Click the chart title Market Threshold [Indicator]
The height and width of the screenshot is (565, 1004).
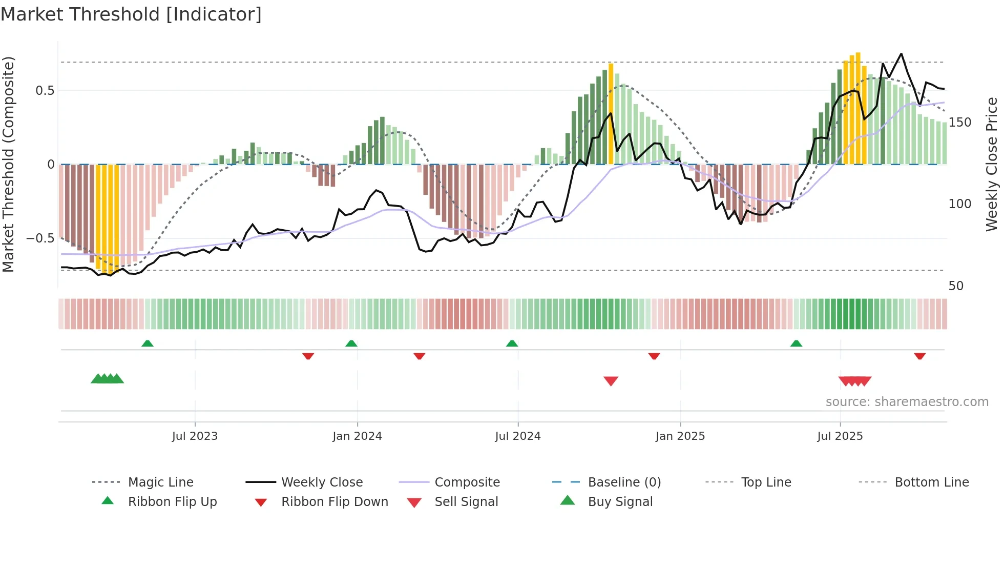pos(131,14)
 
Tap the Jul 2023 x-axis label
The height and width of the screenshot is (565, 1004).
pos(195,436)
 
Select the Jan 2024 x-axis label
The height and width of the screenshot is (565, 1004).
pos(357,436)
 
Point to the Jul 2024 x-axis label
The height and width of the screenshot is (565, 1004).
pos(518,436)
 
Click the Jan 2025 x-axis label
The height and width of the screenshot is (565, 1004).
pos(680,436)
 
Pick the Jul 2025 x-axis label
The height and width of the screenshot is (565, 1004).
pos(840,436)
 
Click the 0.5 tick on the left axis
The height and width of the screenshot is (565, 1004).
pos(45,91)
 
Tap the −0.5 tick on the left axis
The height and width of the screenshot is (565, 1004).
pos(40,238)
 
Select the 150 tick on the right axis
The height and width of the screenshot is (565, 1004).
pos(960,123)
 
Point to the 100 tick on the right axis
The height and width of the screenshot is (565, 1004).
pos(960,204)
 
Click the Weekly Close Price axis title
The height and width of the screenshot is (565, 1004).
pos(992,164)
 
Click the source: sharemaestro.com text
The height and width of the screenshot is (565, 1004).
pos(907,402)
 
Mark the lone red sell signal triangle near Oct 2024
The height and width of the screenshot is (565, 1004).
pos(611,381)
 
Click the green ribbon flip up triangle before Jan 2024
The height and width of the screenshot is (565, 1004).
pos(351,344)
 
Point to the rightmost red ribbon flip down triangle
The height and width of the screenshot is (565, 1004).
pos(919,356)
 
